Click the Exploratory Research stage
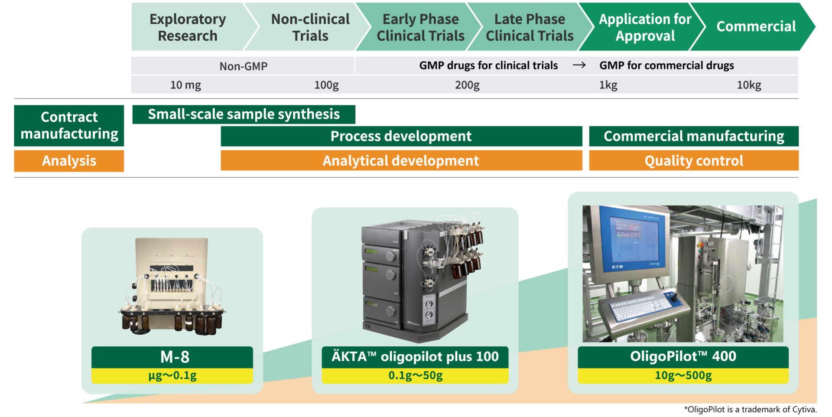[188, 27]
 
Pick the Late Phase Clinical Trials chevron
[530, 27]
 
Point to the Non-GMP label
[244, 66]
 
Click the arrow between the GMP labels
[579, 65]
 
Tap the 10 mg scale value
[185, 85]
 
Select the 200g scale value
[467, 85]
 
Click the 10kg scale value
[749, 85]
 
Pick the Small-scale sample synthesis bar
[244, 114]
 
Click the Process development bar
[401, 136]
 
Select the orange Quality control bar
[694, 161]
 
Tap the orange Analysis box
[69, 161]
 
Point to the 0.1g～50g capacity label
[415, 375]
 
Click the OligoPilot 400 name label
[683, 357]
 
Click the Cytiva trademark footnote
[750, 409]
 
